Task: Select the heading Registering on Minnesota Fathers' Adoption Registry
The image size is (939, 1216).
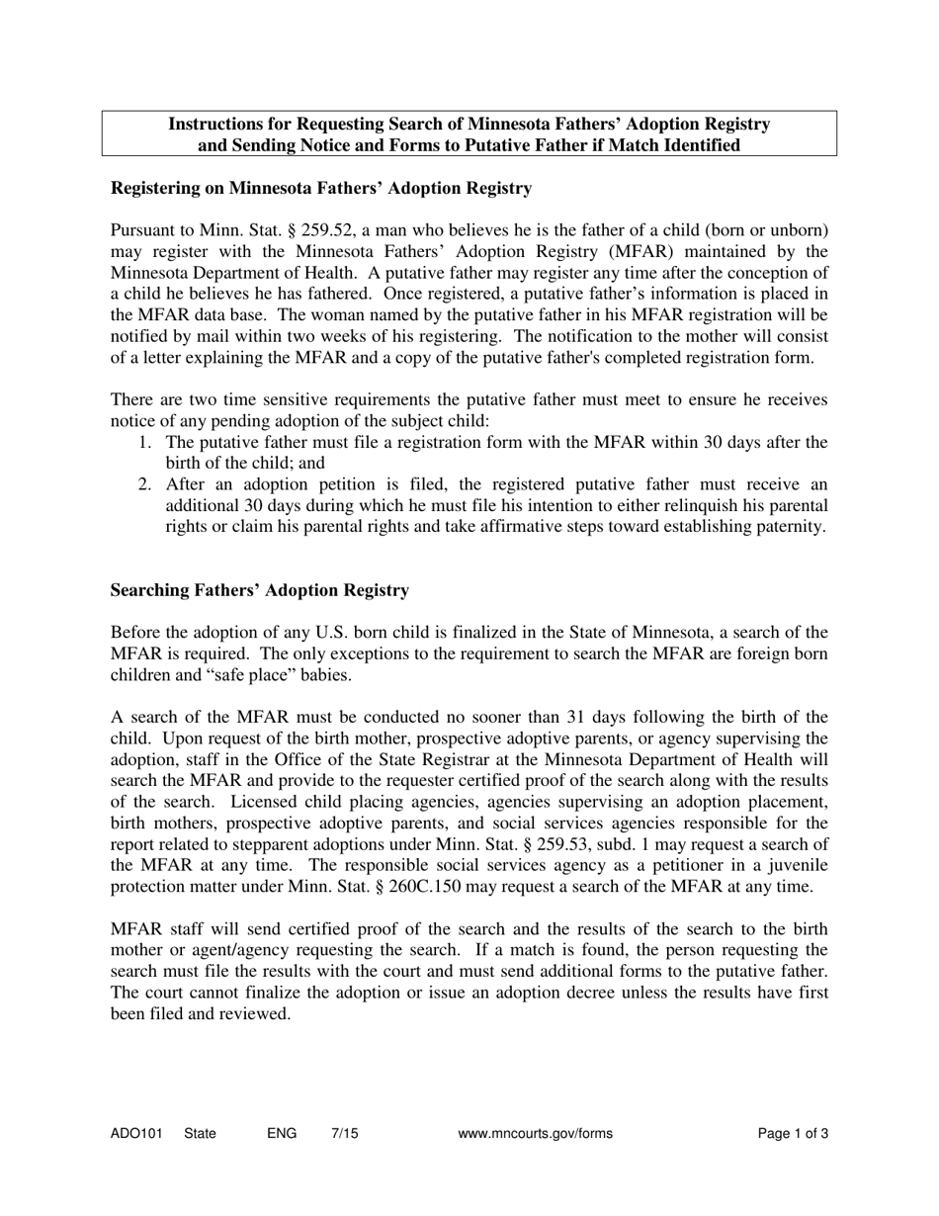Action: click(x=321, y=188)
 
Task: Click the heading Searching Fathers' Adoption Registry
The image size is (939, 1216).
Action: click(x=259, y=590)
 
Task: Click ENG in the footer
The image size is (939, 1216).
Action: click(x=282, y=1134)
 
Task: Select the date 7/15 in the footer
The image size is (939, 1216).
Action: click(x=345, y=1134)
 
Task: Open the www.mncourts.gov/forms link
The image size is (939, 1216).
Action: click(x=536, y=1134)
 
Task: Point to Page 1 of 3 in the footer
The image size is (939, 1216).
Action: click(x=793, y=1134)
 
